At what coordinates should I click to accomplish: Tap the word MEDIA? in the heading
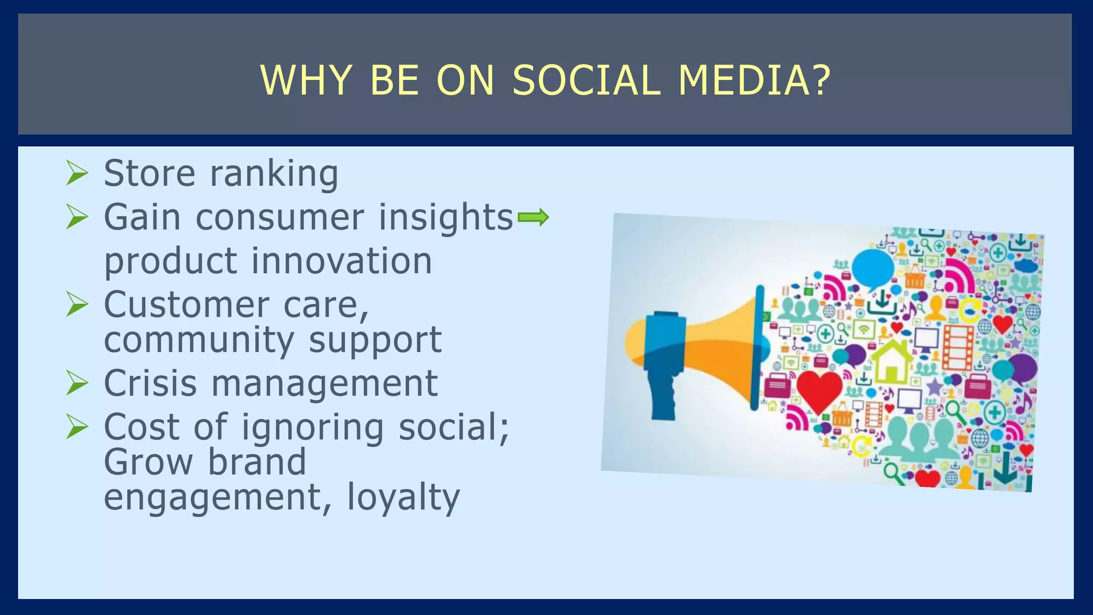coord(755,81)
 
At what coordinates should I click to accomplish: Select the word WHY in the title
coord(306,81)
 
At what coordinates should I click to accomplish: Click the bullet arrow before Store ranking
coord(77,174)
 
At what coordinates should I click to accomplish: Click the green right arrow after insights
coord(533,217)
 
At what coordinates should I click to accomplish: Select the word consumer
coord(280,218)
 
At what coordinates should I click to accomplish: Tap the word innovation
coord(342,261)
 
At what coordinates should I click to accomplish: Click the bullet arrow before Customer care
coord(77,305)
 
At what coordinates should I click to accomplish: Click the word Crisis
coord(151,383)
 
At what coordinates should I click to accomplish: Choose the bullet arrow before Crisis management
coord(77,383)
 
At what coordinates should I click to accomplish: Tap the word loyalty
coord(403,498)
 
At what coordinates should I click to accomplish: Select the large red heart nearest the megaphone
coord(819,391)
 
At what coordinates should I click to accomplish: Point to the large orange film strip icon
coord(959,346)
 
